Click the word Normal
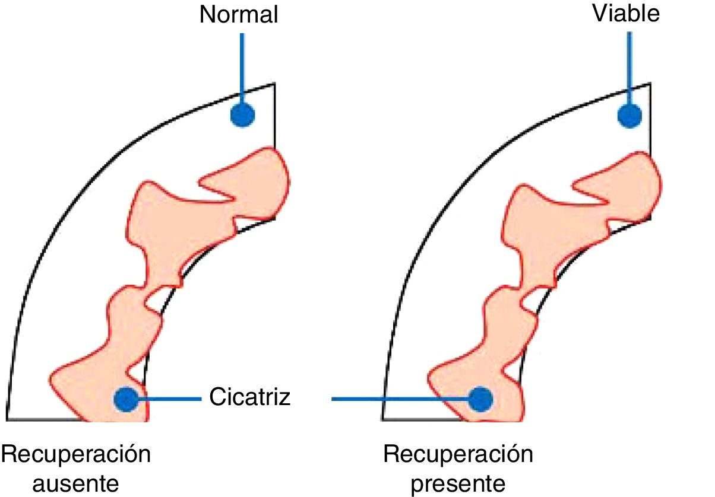[239, 15]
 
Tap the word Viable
[626, 14]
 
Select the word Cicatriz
[250, 397]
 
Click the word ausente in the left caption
[75, 483]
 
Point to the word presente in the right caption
[458, 483]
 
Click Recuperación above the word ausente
[75, 455]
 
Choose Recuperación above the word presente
[458, 455]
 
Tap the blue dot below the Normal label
[242, 114]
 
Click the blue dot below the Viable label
[629, 115]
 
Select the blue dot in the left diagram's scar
[126, 399]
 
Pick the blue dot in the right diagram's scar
[480, 399]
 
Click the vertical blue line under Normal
[242, 65]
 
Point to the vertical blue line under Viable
[629, 65]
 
